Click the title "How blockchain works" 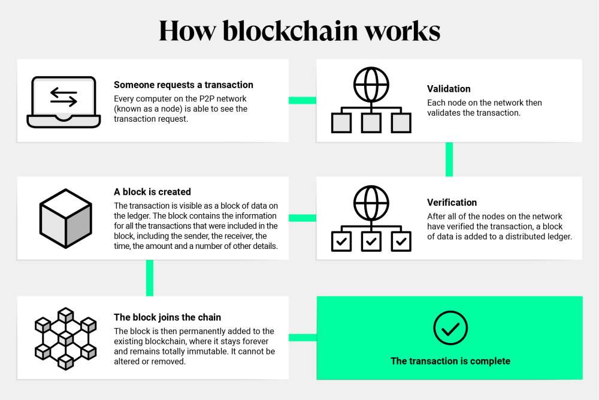[x=299, y=31]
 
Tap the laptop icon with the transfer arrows [x=62, y=101]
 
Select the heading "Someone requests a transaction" [x=183, y=85]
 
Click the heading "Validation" [x=449, y=89]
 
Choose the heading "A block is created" [x=152, y=192]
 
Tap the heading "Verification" [x=452, y=203]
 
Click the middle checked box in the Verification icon [x=371, y=241]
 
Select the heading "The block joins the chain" [x=167, y=317]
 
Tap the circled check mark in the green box [x=450, y=328]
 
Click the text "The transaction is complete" [x=450, y=361]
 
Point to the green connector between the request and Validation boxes [x=302, y=100]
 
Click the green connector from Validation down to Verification [x=449, y=159]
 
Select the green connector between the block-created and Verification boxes [x=302, y=218]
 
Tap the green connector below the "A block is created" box [x=150, y=278]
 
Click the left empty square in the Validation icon [x=341, y=123]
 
